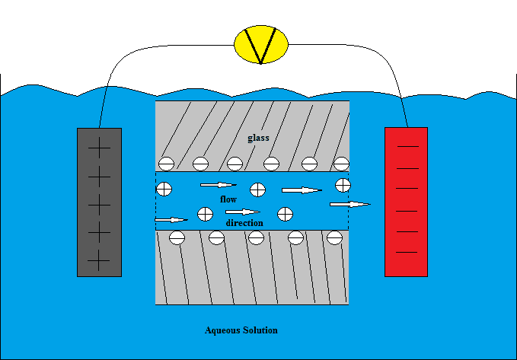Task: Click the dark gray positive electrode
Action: pyautogui.click(x=99, y=202)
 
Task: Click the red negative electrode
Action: pyautogui.click(x=406, y=202)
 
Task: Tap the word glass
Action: pyautogui.click(x=258, y=138)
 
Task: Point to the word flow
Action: pyautogui.click(x=228, y=199)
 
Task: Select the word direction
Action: pyautogui.click(x=244, y=223)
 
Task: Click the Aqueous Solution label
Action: pyautogui.click(x=241, y=330)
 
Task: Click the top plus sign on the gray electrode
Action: pyautogui.click(x=99, y=150)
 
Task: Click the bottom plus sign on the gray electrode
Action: pyautogui.click(x=99, y=261)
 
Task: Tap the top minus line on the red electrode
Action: pyautogui.click(x=407, y=145)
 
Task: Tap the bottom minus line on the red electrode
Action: pyautogui.click(x=407, y=251)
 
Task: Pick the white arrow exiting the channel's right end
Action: pyautogui.click(x=350, y=204)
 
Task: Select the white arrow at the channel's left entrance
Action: pyautogui.click(x=171, y=220)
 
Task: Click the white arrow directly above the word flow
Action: pyautogui.click(x=219, y=185)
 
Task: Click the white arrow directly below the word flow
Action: pyautogui.click(x=243, y=212)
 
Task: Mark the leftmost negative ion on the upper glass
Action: pyautogui.click(x=165, y=162)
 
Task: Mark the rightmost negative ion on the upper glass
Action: pyautogui.click(x=341, y=162)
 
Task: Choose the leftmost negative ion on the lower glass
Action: pyautogui.click(x=177, y=237)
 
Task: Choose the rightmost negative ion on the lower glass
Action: pyautogui.click(x=333, y=237)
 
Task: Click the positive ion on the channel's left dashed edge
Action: pyautogui.click(x=164, y=188)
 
